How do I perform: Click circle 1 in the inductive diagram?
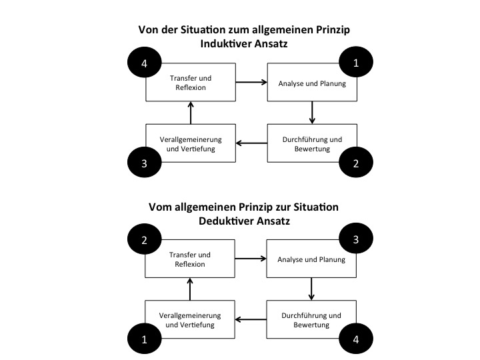(356, 62)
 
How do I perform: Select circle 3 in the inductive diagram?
(145, 162)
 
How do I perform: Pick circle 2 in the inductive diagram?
(356, 162)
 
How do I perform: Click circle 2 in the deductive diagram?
(145, 239)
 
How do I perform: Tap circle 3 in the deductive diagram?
(356, 238)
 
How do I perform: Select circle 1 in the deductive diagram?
(145, 339)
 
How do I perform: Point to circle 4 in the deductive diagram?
(356, 339)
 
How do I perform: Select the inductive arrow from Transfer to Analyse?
(251, 82)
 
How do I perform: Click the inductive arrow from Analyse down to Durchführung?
(312, 113)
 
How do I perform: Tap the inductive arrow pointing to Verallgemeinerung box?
(251, 143)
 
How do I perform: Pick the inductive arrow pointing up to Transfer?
(191, 113)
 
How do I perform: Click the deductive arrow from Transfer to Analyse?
(251, 259)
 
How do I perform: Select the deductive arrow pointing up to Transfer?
(190, 289)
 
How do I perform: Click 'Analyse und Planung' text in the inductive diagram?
(312, 83)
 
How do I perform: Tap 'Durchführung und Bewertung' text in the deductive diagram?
(311, 320)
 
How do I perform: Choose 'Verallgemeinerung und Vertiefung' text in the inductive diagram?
(191, 144)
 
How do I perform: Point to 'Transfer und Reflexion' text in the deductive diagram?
(190, 259)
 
